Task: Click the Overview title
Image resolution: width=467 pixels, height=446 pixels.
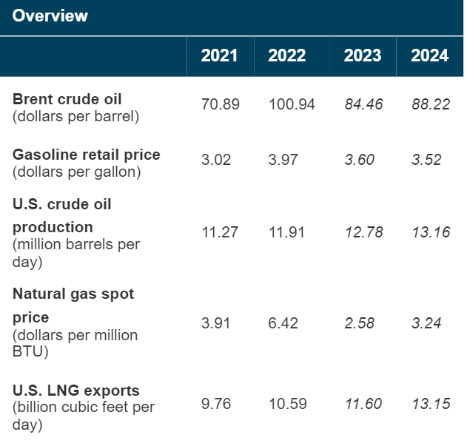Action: (x=50, y=16)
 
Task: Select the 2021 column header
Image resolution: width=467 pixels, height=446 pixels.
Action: (x=219, y=55)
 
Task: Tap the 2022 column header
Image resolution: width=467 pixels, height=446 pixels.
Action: (x=287, y=55)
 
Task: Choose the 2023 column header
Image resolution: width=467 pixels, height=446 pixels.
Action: (x=363, y=55)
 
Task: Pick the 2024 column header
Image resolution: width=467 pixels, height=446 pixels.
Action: (x=429, y=55)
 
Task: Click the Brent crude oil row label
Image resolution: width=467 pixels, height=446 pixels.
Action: (x=67, y=99)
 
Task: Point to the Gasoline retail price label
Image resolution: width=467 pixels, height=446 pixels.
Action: (x=87, y=155)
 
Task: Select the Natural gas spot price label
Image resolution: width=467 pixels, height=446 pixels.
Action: (x=73, y=305)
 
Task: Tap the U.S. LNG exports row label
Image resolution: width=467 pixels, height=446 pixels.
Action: (x=76, y=391)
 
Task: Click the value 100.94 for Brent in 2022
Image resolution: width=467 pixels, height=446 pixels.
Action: (x=292, y=104)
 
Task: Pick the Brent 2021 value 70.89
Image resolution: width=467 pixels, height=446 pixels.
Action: (x=221, y=104)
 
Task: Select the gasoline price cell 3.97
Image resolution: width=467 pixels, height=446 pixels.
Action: (x=283, y=160)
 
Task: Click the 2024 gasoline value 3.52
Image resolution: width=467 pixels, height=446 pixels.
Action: (x=426, y=160)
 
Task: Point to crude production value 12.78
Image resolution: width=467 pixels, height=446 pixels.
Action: (x=364, y=232)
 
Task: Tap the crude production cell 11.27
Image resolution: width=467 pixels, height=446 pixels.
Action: (x=220, y=232)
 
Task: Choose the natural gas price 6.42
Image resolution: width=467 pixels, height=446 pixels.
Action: (x=283, y=323)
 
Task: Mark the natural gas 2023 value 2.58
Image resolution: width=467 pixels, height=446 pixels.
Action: (x=360, y=323)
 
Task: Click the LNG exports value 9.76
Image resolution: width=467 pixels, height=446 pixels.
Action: (x=216, y=404)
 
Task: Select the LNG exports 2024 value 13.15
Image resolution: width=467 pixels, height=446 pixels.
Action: (x=431, y=404)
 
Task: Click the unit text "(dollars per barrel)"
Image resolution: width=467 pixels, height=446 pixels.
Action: (x=75, y=116)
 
